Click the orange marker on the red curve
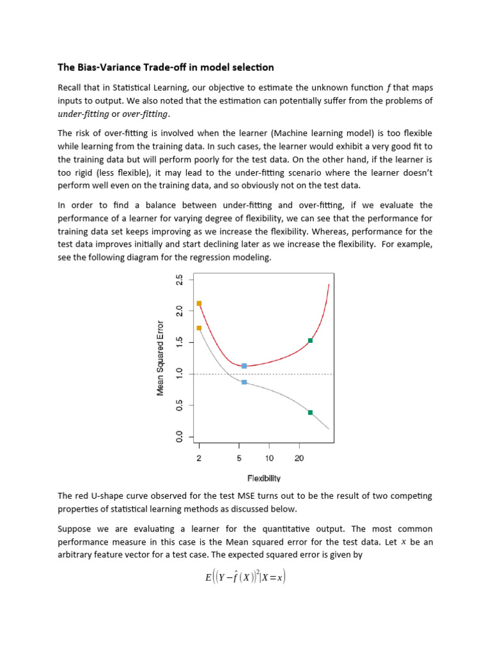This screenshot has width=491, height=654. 199,303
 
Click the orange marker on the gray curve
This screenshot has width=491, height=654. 199,328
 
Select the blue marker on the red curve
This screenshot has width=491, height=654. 244,366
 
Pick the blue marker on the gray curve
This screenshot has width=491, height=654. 244,382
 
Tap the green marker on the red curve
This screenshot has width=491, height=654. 310,340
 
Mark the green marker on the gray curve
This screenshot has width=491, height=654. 310,413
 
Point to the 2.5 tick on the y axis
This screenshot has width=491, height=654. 180,280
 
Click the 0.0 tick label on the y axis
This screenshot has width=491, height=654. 180,437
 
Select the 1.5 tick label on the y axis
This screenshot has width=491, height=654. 180,342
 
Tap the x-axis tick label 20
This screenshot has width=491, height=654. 299,458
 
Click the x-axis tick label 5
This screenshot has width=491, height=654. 239,458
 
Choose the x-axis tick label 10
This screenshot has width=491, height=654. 269,458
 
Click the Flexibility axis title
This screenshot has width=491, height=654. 263,478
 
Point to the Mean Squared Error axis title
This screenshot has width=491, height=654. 160,358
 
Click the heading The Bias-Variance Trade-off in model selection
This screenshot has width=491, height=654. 166,67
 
